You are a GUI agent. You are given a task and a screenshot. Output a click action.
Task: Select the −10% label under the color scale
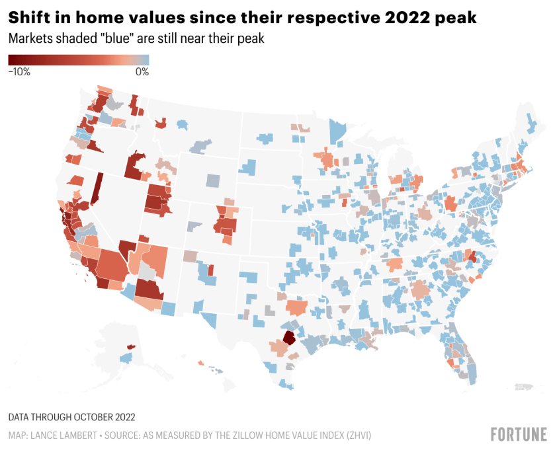pos(19,72)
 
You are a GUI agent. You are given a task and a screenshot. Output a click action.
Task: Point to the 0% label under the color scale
pos(142,72)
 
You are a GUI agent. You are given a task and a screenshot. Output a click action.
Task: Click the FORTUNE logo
pos(519,434)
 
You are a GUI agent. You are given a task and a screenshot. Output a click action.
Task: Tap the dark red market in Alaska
pos(130,346)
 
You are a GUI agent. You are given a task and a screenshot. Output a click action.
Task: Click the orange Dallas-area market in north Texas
pos(296,308)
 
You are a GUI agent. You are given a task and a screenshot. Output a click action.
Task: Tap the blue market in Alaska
pos(124,358)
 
